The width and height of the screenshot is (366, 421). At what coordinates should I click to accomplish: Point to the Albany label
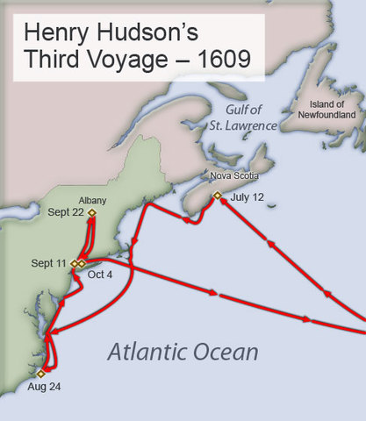coord(91,200)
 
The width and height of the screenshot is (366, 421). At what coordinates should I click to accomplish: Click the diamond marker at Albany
coord(91,212)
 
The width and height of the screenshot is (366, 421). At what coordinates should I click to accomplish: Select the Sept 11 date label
coord(49,263)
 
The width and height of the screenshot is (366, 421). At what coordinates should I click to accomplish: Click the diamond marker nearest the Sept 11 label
coord(75,263)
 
